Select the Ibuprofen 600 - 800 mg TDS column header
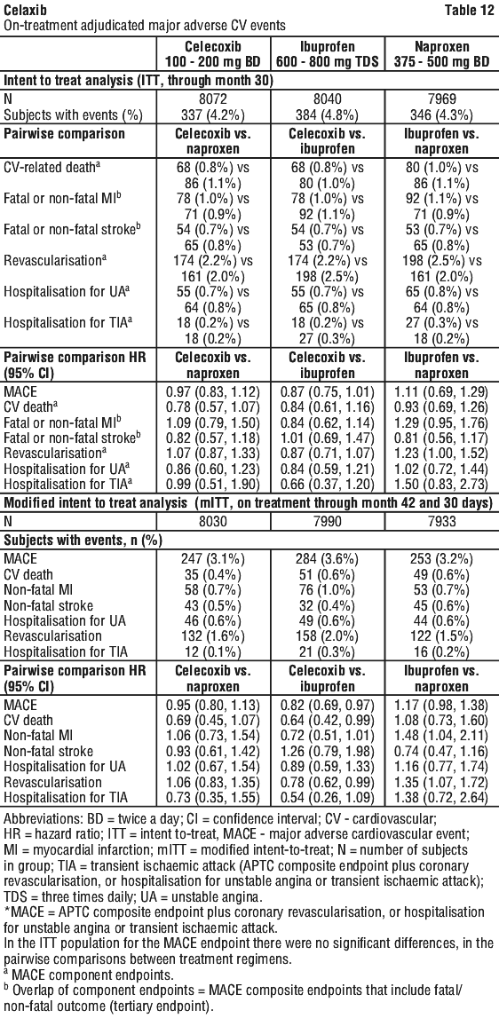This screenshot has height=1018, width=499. point(329,54)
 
